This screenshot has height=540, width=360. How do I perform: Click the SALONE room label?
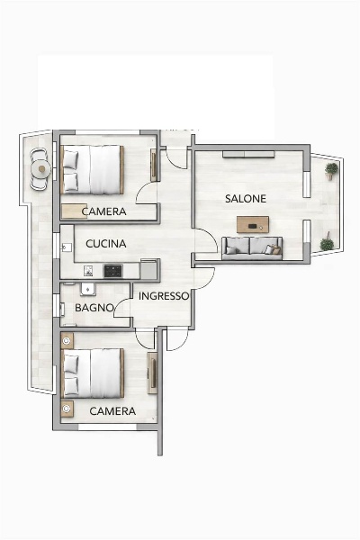tap(246, 199)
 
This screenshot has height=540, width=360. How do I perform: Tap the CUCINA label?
tap(106, 244)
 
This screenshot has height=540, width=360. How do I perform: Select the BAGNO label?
tap(94, 308)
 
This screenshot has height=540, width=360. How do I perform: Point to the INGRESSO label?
tap(164, 296)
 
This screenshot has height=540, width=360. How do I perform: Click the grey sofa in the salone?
tap(252, 248)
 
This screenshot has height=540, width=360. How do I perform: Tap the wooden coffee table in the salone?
tap(253, 224)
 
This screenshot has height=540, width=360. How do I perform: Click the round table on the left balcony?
tap(41, 169)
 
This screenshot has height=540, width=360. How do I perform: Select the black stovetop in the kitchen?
tap(113, 271)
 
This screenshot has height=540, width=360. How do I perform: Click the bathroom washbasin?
tap(88, 289)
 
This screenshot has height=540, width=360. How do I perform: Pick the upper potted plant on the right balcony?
tap(331, 171)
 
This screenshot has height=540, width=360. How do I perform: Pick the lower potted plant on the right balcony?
tap(327, 243)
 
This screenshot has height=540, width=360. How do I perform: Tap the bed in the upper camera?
tap(93, 169)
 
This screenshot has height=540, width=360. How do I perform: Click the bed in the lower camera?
tap(93, 373)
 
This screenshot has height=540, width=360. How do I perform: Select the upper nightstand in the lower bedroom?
tap(67, 340)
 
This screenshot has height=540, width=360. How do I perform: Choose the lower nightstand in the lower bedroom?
tap(67, 409)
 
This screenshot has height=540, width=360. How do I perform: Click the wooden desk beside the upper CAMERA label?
tap(75, 211)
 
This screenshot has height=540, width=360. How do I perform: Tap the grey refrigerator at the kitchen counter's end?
tap(149, 269)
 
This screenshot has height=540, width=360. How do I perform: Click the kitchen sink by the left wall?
tap(67, 247)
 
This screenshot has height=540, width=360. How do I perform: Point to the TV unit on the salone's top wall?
tap(248, 154)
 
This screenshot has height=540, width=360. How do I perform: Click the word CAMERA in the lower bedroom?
tap(112, 411)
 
